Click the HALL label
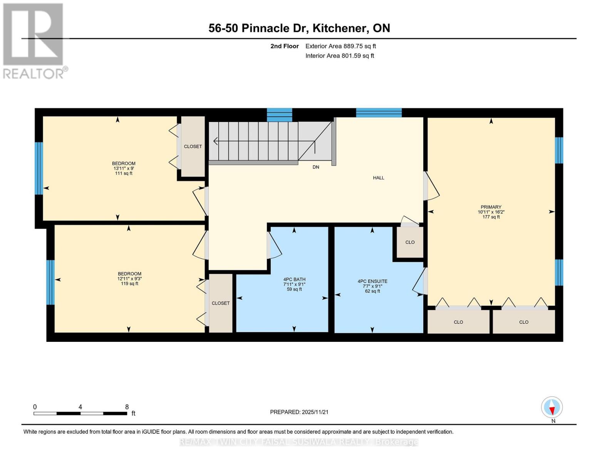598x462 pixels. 379,178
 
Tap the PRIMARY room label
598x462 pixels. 491,207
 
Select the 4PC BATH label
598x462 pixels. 294,279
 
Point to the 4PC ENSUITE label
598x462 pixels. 372,281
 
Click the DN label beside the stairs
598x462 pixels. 316,167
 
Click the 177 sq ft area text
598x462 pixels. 491,217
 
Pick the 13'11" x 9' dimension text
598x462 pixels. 124,168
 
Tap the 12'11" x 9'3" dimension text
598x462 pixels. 129,279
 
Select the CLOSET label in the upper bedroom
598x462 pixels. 193,147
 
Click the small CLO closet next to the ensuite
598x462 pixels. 410,242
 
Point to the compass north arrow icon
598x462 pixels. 552,407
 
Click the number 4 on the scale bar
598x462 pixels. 80,407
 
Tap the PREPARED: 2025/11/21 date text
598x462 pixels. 299,412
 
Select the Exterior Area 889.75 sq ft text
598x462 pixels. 340,46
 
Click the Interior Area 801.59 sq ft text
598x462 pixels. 340,55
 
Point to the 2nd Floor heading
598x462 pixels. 285,46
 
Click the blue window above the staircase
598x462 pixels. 279,115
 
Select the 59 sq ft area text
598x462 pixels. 294,289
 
